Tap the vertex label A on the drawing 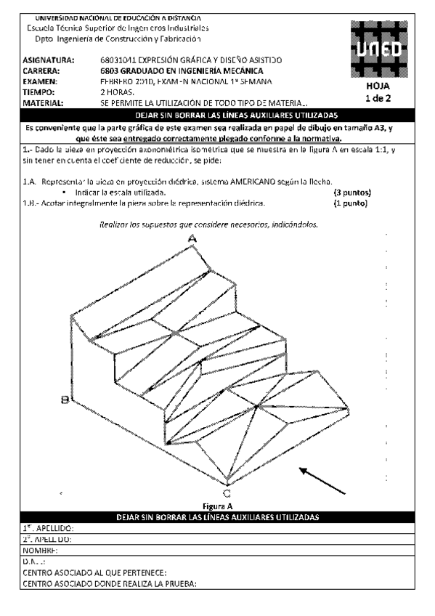tap(192, 238)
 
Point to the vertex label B tap(65, 399)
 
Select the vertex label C tap(227, 491)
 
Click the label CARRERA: tap(41, 70)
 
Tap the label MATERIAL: tap(45, 103)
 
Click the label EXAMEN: tap(41, 81)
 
